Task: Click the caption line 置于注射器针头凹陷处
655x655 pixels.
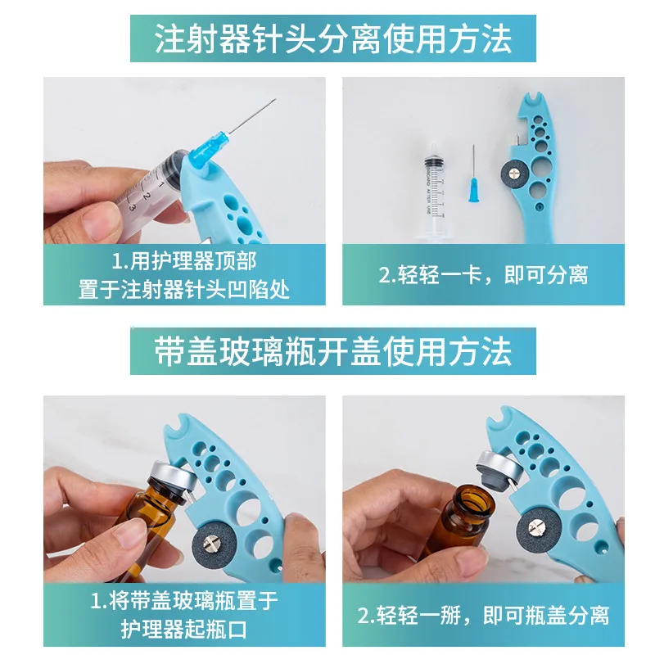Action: [x=184, y=290]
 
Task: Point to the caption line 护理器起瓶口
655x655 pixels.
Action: [x=184, y=628]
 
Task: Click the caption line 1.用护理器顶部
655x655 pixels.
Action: [x=184, y=263]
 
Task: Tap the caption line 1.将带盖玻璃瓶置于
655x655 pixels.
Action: [x=184, y=601]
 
